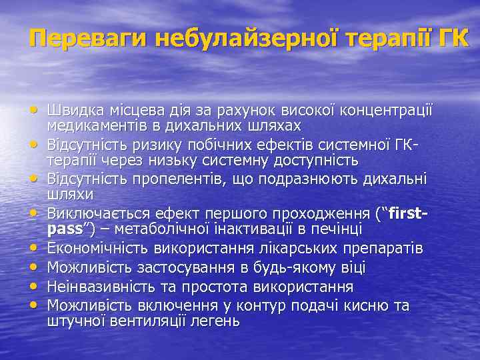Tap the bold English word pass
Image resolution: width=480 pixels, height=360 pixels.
coord(65,229)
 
